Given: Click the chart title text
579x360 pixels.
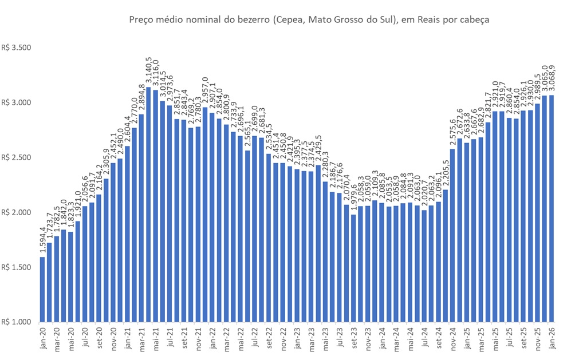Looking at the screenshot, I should tap(309, 20).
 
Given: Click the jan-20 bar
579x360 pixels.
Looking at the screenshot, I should tap(42, 290).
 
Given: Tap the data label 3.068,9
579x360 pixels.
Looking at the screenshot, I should tap(552, 80).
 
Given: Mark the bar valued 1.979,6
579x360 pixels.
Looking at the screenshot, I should tap(353, 268).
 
